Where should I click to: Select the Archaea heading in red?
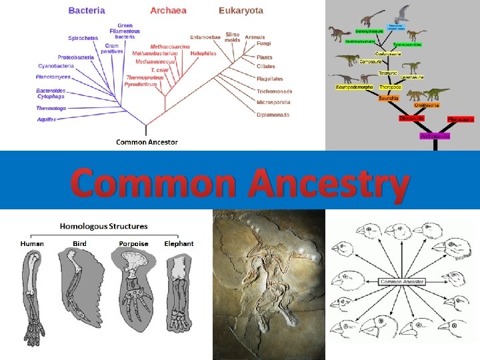168,11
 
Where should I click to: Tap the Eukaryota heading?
241,11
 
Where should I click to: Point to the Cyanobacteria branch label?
55,66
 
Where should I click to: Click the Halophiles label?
203,53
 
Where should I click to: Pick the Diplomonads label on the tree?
273,115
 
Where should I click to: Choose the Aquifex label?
46,119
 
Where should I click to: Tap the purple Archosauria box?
435,135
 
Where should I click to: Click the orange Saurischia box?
388,98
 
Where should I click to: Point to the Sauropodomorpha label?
353,87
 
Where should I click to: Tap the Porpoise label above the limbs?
133,243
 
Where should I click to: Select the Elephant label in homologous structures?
179,243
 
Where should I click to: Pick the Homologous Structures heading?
103,227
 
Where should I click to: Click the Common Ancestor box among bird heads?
402,282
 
